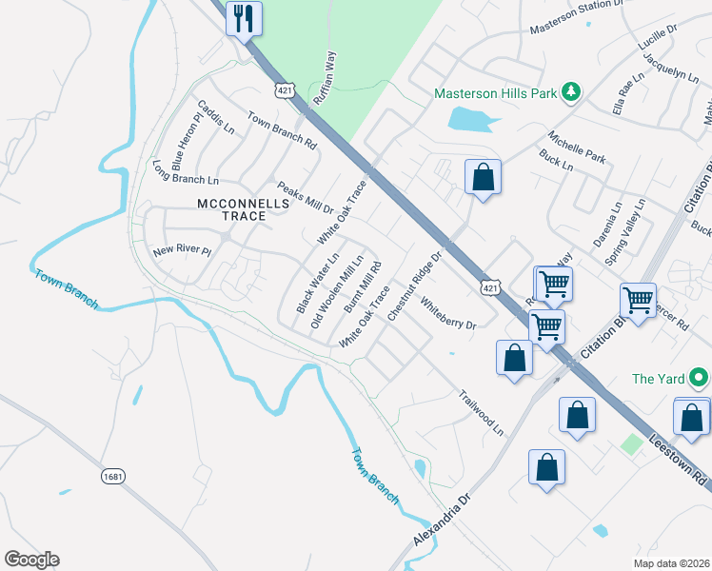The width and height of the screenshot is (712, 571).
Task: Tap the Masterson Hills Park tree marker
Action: coord(570,92)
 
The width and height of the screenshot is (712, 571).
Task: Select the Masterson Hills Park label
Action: coord(494,93)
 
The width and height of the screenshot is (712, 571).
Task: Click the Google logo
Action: coord(31,560)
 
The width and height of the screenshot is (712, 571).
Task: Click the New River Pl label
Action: coord(180,252)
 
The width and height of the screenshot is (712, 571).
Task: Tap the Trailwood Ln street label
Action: coord(481,412)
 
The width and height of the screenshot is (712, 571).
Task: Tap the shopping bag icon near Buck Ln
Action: coord(483,177)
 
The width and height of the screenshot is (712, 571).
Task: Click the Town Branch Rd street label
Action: coord(282,130)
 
